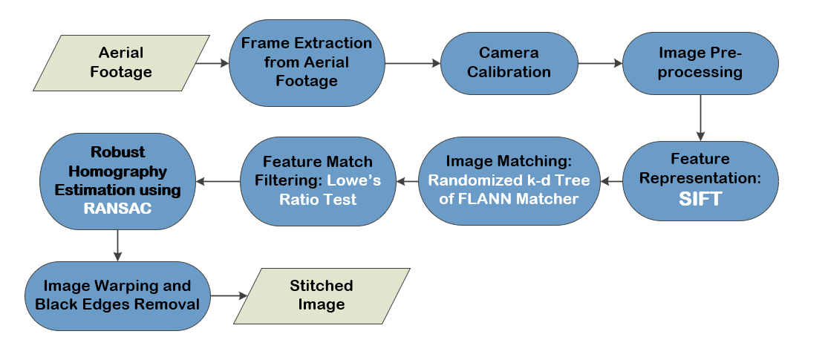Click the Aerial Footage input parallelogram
tap(122, 63)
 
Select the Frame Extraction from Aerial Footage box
tap(307, 63)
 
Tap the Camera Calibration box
tap(509, 63)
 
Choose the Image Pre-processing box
tap(700, 63)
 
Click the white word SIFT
tap(700, 199)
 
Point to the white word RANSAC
tap(118, 209)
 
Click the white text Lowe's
tap(353, 180)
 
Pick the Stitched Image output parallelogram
tap(322, 295)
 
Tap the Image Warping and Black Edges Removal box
tap(118, 295)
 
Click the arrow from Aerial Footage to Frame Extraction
tap(212, 63)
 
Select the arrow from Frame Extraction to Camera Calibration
tap(413, 63)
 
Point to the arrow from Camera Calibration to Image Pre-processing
tap(601, 63)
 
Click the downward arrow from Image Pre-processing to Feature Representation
tap(700, 118)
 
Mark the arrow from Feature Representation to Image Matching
tap(611, 182)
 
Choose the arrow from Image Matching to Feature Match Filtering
tap(408, 182)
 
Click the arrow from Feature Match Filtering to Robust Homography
tap(218, 182)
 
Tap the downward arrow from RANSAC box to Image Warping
tap(117, 246)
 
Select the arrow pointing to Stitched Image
tap(229, 296)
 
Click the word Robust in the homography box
tap(118, 152)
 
